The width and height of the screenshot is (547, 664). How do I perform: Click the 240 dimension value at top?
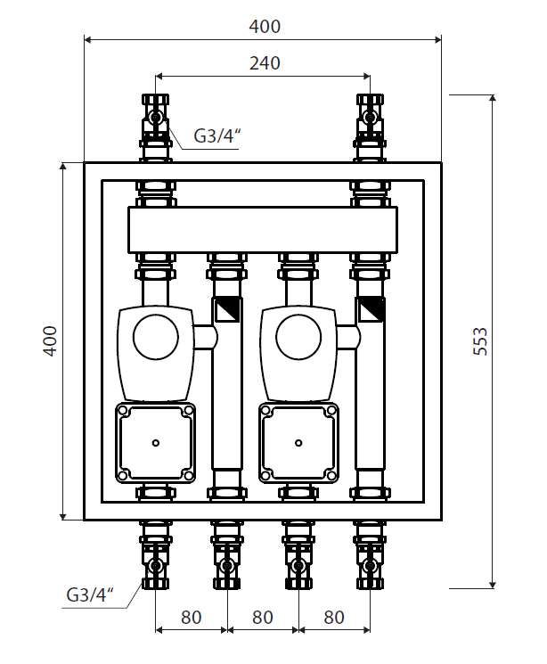tap(265, 63)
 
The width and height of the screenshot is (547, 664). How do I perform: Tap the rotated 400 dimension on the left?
tap(51, 340)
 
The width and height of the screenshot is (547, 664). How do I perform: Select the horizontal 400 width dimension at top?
tap(265, 27)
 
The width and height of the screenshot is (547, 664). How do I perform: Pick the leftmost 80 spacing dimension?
tap(191, 616)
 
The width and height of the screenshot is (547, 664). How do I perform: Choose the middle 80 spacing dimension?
tap(262, 616)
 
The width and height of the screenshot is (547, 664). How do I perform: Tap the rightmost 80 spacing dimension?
tap(333, 616)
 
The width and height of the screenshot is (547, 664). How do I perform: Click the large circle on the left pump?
tap(156, 337)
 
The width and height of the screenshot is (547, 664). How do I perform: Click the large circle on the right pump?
tap(299, 337)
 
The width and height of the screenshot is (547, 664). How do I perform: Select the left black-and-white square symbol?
tap(226, 310)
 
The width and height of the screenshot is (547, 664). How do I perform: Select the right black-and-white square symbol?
tap(371, 310)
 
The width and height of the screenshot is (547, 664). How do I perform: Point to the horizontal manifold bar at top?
tap(263, 230)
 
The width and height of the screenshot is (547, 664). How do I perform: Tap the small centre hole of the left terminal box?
tap(156, 442)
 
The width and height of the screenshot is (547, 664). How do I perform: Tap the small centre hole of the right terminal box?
tap(299, 442)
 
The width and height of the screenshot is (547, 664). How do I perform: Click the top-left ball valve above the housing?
tap(156, 117)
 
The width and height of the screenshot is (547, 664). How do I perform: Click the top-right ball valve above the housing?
tap(370, 117)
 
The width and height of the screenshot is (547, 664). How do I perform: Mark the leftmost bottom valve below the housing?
tap(156, 564)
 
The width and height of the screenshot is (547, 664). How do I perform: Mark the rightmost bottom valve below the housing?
tap(370, 564)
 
